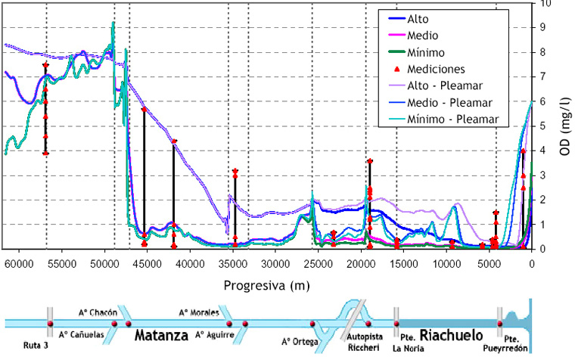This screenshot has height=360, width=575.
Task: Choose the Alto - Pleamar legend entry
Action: point(446,85)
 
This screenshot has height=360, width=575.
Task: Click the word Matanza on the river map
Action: point(161,333)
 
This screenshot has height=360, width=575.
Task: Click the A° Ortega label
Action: point(297,340)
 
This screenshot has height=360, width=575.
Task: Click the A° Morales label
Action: point(198,312)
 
